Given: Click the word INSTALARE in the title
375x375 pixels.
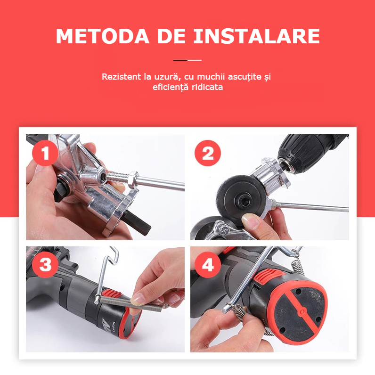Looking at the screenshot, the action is click(x=256, y=36).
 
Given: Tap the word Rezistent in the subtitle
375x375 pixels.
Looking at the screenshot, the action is click(x=121, y=76).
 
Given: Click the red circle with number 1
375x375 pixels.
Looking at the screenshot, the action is click(x=45, y=153).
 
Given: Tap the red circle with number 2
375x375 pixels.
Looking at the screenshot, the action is click(x=208, y=153).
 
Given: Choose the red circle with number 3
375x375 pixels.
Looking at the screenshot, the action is click(x=45, y=265).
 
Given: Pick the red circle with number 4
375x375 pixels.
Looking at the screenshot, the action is click(x=208, y=265).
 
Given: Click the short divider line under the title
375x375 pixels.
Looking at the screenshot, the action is click(x=187, y=60).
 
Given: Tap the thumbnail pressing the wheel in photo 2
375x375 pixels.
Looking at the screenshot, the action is click(x=250, y=221).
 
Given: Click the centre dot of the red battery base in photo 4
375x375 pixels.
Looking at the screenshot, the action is click(x=302, y=311).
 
